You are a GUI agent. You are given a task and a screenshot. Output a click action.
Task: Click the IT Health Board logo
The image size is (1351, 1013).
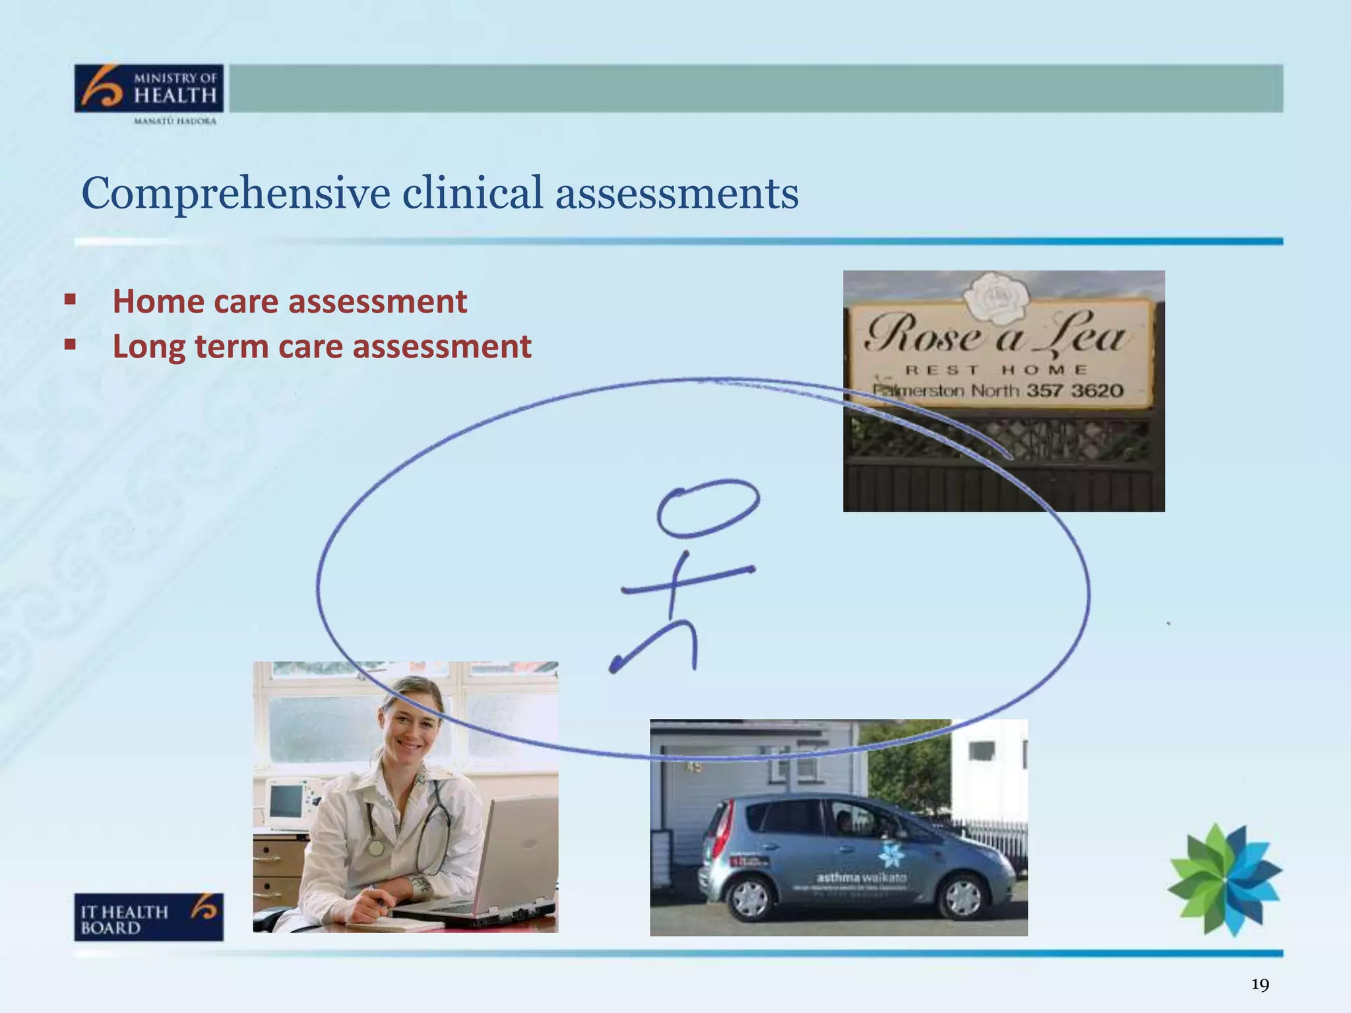(148, 917)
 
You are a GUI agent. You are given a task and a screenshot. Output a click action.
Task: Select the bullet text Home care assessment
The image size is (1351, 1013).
(290, 301)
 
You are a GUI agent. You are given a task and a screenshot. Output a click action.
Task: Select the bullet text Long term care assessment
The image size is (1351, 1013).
(321, 346)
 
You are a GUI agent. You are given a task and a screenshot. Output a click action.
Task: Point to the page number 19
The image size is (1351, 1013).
(1259, 985)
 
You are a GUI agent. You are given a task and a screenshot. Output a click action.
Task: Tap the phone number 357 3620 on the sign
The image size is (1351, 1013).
(1074, 390)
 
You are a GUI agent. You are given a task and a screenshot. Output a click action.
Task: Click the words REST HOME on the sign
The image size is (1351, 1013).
(996, 370)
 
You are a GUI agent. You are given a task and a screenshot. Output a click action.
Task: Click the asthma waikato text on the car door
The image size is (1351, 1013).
(862, 878)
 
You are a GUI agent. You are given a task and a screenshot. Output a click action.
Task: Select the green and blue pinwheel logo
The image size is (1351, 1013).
(1225, 879)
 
